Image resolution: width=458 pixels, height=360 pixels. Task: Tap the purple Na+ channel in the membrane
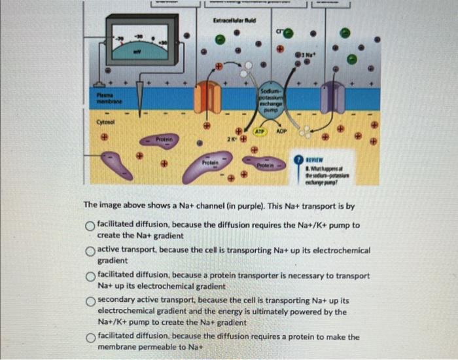click(x=334, y=98)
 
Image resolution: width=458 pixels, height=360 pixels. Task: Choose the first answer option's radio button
click(x=90, y=226)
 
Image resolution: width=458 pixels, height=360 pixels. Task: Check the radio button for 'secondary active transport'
click(x=90, y=302)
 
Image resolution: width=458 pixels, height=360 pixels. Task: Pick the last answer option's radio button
click(x=90, y=338)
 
